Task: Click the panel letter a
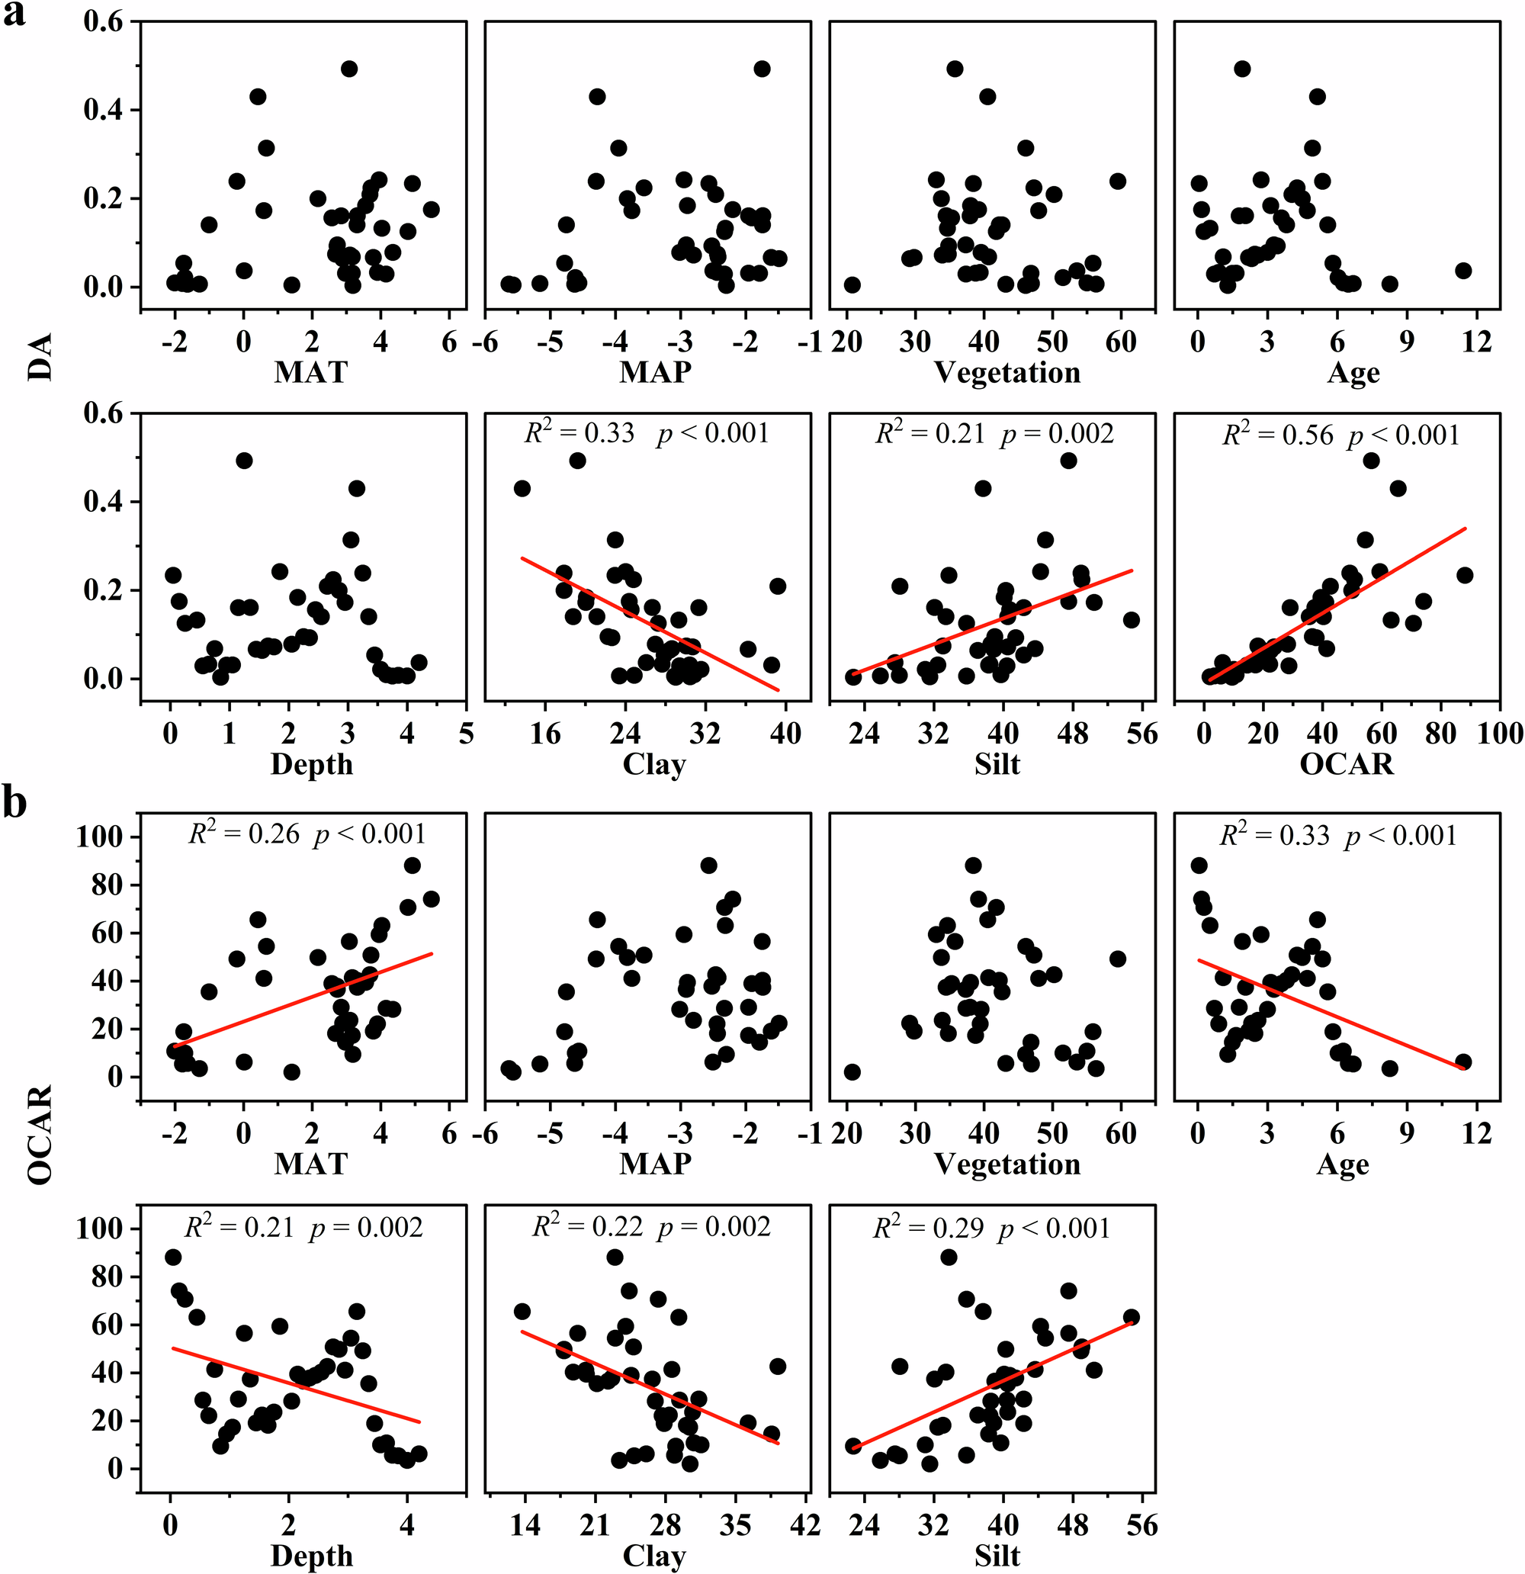click(x=14, y=14)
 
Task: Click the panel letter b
click(x=14, y=802)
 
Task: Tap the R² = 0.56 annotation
click(x=1277, y=435)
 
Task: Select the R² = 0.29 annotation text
click(x=927, y=1228)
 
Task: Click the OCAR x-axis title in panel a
click(x=1347, y=763)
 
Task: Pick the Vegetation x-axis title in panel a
click(x=1007, y=373)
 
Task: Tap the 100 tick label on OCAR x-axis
click(x=1500, y=733)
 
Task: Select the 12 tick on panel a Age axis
click(x=1476, y=342)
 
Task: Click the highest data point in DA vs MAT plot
click(x=348, y=69)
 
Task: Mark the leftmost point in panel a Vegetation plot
click(x=852, y=285)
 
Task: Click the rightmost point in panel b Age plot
click(x=1463, y=1062)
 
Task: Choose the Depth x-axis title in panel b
click(x=312, y=1556)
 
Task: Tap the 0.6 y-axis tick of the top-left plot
click(x=104, y=21)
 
